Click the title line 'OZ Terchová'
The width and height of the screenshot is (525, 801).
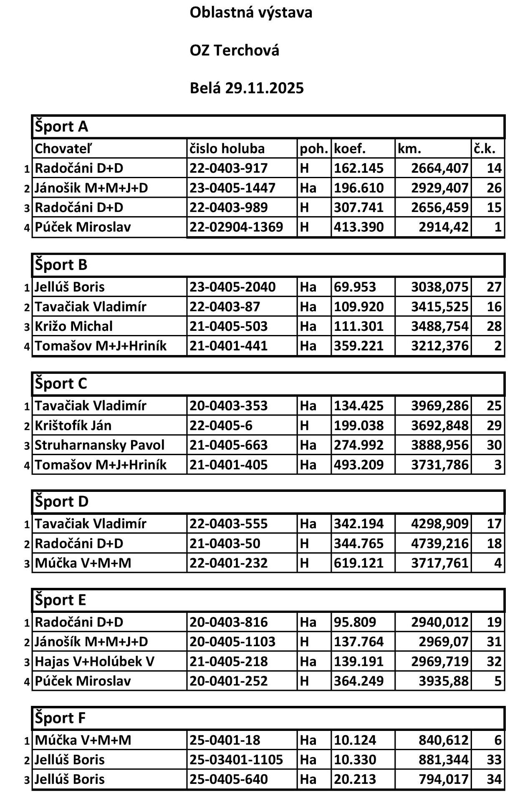tap(234, 50)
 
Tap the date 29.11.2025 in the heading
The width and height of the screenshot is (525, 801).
tap(265, 88)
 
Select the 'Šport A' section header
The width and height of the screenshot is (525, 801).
tap(61, 126)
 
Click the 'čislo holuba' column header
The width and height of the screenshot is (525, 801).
tap(227, 149)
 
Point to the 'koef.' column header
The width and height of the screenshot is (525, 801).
tap(350, 149)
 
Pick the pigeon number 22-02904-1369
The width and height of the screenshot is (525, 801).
tap(236, 227)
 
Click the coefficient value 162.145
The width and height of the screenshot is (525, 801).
tap(358, 168)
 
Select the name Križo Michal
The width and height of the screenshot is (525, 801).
tap(73, 326)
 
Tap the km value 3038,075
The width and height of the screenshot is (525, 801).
tap(439, 287)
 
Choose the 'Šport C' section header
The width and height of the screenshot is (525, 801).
tap(61, 383)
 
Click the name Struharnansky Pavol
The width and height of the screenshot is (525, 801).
tap(99, 445)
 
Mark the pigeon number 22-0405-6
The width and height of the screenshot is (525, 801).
tap(221, 426)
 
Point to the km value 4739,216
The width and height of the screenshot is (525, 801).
tap(439, 544)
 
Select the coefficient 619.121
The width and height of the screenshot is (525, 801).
tap(358, 563)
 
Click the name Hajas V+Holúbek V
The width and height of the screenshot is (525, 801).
tap(94, 662)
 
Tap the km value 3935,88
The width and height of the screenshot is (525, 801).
tap(444, 681)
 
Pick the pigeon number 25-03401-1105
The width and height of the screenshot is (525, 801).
tap(236, 760)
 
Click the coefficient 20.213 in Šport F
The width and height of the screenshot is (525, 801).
tap(355, 779)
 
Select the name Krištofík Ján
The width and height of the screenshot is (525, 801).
tap(73, 426)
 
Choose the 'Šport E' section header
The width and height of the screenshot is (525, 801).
tap(61, 600)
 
